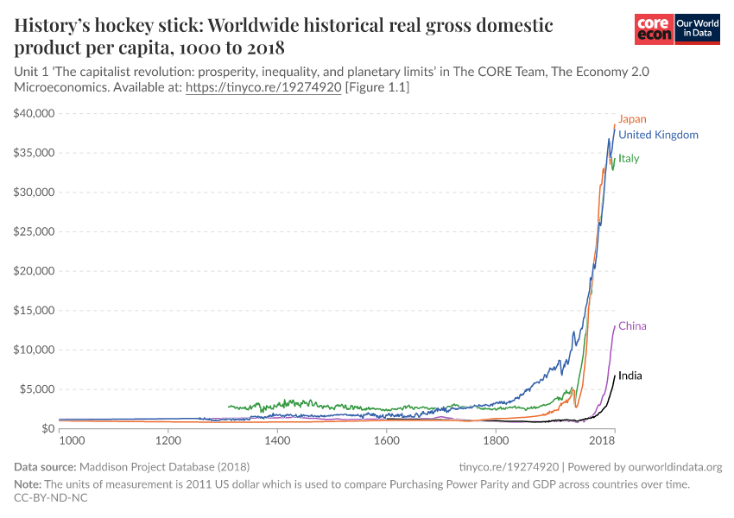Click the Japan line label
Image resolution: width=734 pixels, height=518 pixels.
[x=632, y=119]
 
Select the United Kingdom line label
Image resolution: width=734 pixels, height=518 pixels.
[x=658, y=135]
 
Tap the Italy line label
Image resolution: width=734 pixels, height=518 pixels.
[x=629, y=159]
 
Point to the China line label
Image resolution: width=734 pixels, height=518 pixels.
[x=632, y=326]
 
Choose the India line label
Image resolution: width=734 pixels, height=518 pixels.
[x=630, y=376]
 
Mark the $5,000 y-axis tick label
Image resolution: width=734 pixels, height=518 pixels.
[x=37, y=389]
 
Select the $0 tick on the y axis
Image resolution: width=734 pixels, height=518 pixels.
[x=47, y=429]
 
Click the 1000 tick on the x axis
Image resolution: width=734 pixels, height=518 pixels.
[x=71, y=440]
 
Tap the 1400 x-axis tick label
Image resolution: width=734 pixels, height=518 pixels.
[x=277, y=440]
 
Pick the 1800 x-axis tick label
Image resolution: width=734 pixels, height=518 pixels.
[x=496, y=440]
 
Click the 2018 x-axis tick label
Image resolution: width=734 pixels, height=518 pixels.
[x=602, y=440]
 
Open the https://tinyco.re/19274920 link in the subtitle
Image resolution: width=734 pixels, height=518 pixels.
[x=263, y=88]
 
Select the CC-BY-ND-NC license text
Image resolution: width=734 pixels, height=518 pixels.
[x=51, y=497]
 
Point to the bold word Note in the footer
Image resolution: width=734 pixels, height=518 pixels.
[x=28, y=484]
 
